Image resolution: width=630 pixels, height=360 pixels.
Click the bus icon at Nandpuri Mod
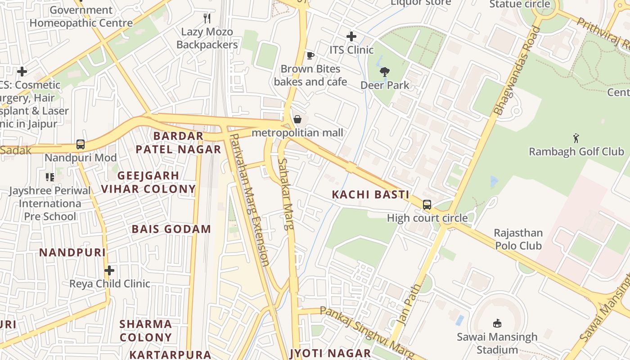click(81, 144)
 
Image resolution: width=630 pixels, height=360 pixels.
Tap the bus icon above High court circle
click(427, 205)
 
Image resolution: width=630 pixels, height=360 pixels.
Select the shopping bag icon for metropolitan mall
click(297, 119)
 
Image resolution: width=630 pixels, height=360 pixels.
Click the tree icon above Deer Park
click(385, 72)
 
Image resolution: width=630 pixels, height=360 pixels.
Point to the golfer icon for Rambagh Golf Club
click(576, 138)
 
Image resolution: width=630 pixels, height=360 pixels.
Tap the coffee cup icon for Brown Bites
click(310, 56)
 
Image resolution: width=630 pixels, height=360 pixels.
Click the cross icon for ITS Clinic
click(351, 36)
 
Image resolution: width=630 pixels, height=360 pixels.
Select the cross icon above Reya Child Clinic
click(109, 270)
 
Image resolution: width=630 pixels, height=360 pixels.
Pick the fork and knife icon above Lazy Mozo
click(207, 18)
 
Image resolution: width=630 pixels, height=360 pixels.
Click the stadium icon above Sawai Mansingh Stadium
click(497, 323)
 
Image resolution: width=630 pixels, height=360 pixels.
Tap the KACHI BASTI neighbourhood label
click(370, 195)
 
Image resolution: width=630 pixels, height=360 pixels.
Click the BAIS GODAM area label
click(171, 229)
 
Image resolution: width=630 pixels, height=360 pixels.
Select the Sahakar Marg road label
click(286, 194)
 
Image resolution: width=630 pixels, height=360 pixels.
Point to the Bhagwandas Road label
click(517, 71)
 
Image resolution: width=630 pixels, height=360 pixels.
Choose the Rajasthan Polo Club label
click(518, 239)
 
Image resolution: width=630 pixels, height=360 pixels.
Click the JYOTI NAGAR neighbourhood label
click(330, 353)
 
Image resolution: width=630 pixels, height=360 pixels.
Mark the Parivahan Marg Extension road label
click(250, 200)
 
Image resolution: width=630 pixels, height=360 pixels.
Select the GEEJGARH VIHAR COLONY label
click(148, 182)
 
